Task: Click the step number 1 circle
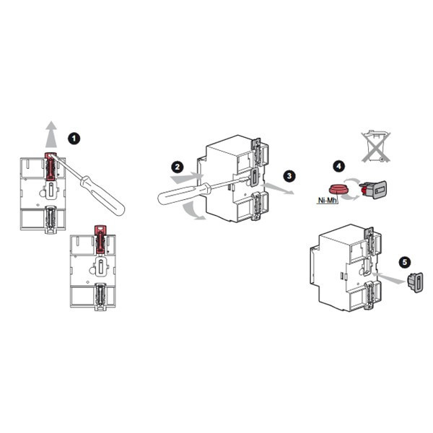coord(74,139)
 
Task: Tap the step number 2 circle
coord(178,167)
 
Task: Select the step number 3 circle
coord(289,176)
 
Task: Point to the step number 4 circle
coord(339,166)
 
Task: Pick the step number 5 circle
coord(405,262)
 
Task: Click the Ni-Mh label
coord(328,200)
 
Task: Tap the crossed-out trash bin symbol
coord(376,146)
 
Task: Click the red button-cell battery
coord(338,190)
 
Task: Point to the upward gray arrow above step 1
coord(51,134)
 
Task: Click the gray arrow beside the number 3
coord(278,188)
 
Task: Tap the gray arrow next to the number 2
coord(187,178)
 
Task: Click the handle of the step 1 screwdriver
coord(102,196)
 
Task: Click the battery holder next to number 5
coord(415,282)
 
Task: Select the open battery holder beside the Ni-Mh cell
coord(373,189)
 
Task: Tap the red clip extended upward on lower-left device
coord(100,239)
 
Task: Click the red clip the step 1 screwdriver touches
coord(51,166)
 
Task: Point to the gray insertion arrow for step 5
coord(390,278)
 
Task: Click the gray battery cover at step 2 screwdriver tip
coord(254,177)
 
